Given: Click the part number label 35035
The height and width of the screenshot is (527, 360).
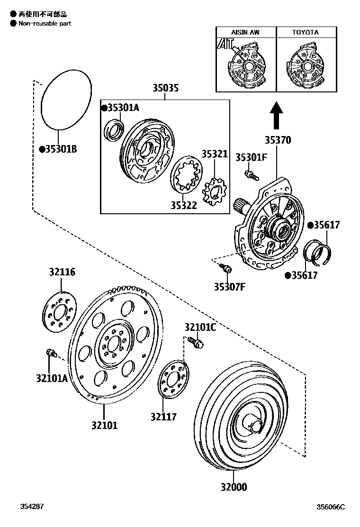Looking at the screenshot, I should [x=165, y=88].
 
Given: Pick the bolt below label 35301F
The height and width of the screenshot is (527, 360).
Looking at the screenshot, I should [x=251, y=175].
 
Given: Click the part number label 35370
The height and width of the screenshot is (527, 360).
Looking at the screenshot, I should [x=278, y=140].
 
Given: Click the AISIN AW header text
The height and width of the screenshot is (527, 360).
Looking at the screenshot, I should [x=245, y=32].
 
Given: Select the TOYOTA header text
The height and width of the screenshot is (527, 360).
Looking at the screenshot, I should [x=305, y=32].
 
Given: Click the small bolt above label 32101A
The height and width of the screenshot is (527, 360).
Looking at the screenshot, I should [x=51, y=353].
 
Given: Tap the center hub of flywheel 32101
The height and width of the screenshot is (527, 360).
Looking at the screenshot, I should [x=112, y=345].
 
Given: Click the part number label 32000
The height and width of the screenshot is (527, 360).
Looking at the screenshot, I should [x=233, y=487].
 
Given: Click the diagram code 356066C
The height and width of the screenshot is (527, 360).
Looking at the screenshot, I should [x=331, y=507].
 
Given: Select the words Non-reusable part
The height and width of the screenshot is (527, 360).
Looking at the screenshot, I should [x=45, y=23].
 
